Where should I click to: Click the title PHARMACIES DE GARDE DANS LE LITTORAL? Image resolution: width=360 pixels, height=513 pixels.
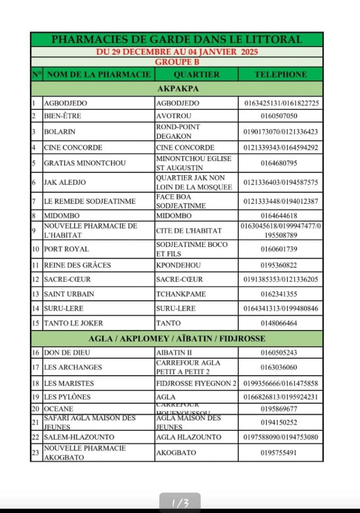[177, 40]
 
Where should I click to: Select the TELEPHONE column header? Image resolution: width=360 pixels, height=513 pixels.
[280, 74]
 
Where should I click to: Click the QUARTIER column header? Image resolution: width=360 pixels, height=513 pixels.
[197, 74]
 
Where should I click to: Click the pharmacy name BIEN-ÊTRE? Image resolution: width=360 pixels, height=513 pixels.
[63, 116]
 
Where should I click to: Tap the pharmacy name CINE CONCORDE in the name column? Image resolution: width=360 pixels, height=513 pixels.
[73, 148]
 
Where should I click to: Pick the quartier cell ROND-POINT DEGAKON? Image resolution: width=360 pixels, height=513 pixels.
[178, 132]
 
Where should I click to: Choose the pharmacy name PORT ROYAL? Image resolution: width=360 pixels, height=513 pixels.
[66, 249]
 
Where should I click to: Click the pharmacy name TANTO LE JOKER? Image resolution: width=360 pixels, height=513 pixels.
[73, 323]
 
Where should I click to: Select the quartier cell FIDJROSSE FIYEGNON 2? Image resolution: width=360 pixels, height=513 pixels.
[196, 383]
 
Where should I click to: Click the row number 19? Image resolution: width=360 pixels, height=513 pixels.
[36, 397]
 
